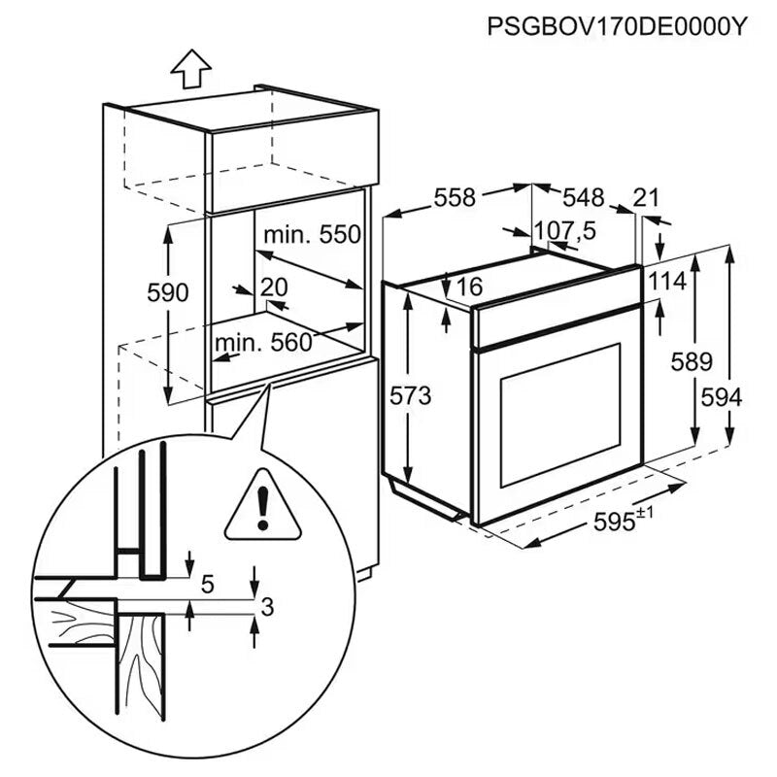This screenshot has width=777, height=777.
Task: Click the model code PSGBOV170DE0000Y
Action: (x=617, y=25)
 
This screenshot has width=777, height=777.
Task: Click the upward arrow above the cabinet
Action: (x=191, y=70)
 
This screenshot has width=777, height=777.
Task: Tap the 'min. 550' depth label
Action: (x=311, y=234)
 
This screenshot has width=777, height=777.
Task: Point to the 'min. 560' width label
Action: (x=263, y=342)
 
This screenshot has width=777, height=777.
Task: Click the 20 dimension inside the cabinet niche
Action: (x=275, y=287)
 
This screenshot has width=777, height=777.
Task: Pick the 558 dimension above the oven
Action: (x=455, y=197)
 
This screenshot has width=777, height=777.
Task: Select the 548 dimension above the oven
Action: (x=583, y=197)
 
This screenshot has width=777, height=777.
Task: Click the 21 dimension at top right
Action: (x=646, y=197)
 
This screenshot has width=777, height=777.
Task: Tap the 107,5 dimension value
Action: (x=565, y=231)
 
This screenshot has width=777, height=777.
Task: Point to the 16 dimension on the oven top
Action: (x=468, y=287)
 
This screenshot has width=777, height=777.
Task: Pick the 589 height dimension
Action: (x=692, y=361)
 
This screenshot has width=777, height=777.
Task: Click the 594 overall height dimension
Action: (x=723, y=397)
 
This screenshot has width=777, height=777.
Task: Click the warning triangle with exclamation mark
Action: (x=260, y=506)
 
